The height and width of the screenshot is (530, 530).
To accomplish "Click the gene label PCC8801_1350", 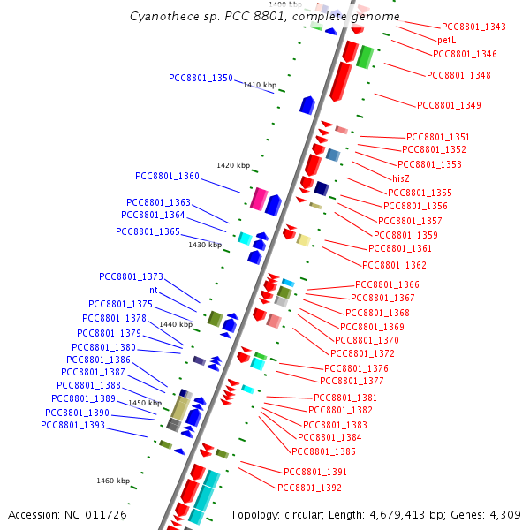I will [201, 79].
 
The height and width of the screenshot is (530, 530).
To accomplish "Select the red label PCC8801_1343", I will [473, 27].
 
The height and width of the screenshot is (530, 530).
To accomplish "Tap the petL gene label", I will [446, 41].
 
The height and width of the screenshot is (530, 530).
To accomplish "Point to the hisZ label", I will [401, 178].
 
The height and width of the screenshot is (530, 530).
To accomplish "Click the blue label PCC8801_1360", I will [167, 176].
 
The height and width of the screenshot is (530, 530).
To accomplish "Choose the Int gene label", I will [152, 290].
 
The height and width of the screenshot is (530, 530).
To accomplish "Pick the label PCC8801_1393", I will [72, 426].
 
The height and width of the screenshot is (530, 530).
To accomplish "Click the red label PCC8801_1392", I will [309, 488].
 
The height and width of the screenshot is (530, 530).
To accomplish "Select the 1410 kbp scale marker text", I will [260, 86].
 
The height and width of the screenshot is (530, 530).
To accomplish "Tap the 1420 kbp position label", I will [233, 166].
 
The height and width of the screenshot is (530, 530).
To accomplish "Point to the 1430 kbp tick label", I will [204, 245].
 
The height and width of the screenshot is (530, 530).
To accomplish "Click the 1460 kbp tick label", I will [113, 481].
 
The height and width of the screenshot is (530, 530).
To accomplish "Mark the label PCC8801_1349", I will [449, 106].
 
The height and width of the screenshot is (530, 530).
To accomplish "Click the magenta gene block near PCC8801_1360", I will [259, 199].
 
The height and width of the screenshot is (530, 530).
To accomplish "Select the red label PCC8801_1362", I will [394, 265].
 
